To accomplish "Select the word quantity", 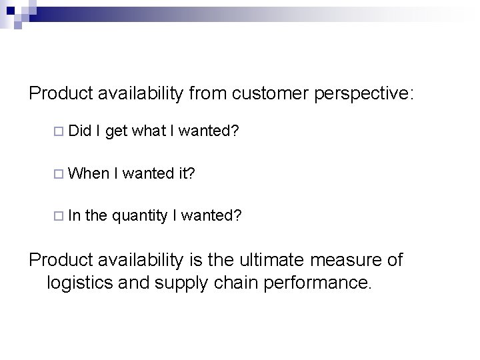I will click(139, 215).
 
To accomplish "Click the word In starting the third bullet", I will click(73, 215).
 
